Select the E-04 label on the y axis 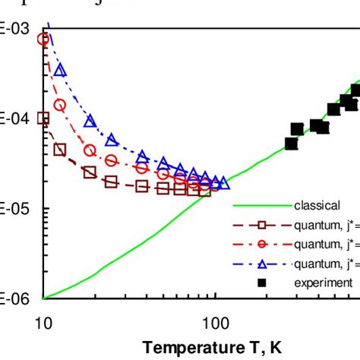(14, 118)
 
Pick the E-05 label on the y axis (14, 209)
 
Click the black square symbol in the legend (261, 283)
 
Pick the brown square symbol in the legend (261, 225)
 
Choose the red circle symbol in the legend (261, 244)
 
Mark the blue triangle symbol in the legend (261, 263)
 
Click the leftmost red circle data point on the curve (44, 39)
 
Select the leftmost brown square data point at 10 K (43, 118)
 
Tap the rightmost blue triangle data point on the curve (223, 182)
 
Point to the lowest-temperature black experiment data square (291, 143)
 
